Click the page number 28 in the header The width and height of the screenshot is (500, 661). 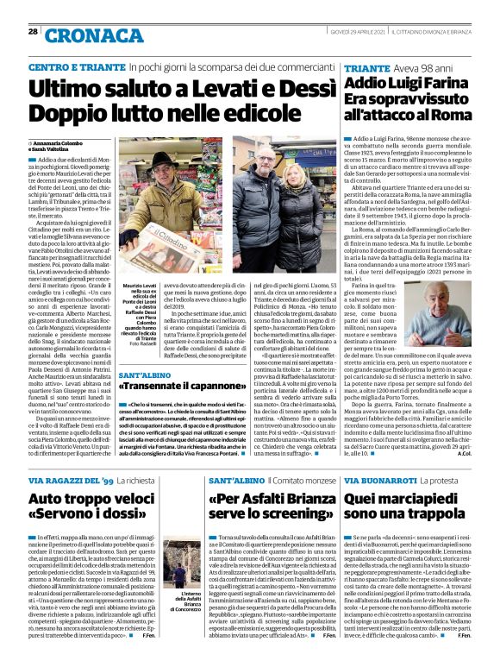[x=32, y=31]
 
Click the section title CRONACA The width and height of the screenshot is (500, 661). [x=84, y=35]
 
